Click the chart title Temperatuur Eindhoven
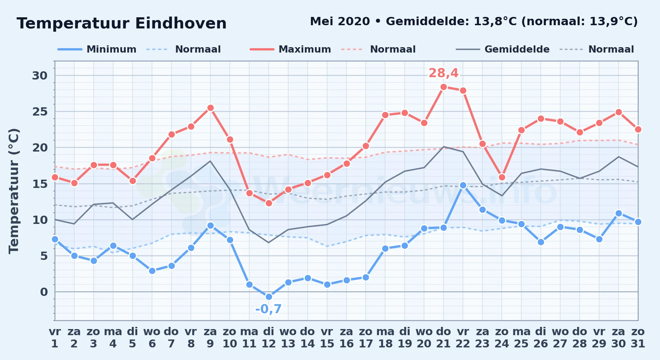tap(122, 23)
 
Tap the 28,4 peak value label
tap(443, 73)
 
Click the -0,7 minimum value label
tap(268, 309)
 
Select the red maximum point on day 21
tap(443, 87)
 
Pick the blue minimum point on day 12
tap(269, 297)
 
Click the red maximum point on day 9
tap(210, 108)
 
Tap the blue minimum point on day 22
tap(463, 185)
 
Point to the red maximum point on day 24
tap(502, 177)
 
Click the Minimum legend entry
tap(97, 49)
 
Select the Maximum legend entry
tap(291, 49)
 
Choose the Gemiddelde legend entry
tap(503, 49)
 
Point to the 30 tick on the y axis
tap(40, 76)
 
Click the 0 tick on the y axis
tap(44, 292)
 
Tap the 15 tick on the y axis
tap(40, 184)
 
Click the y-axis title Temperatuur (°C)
tap(14, 191)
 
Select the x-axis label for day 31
tap(638, 338)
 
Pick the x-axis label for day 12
tap(269, 338)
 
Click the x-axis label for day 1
tap(55, 338)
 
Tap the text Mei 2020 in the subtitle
tap(340, 22)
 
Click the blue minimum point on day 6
tap(152, 271)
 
